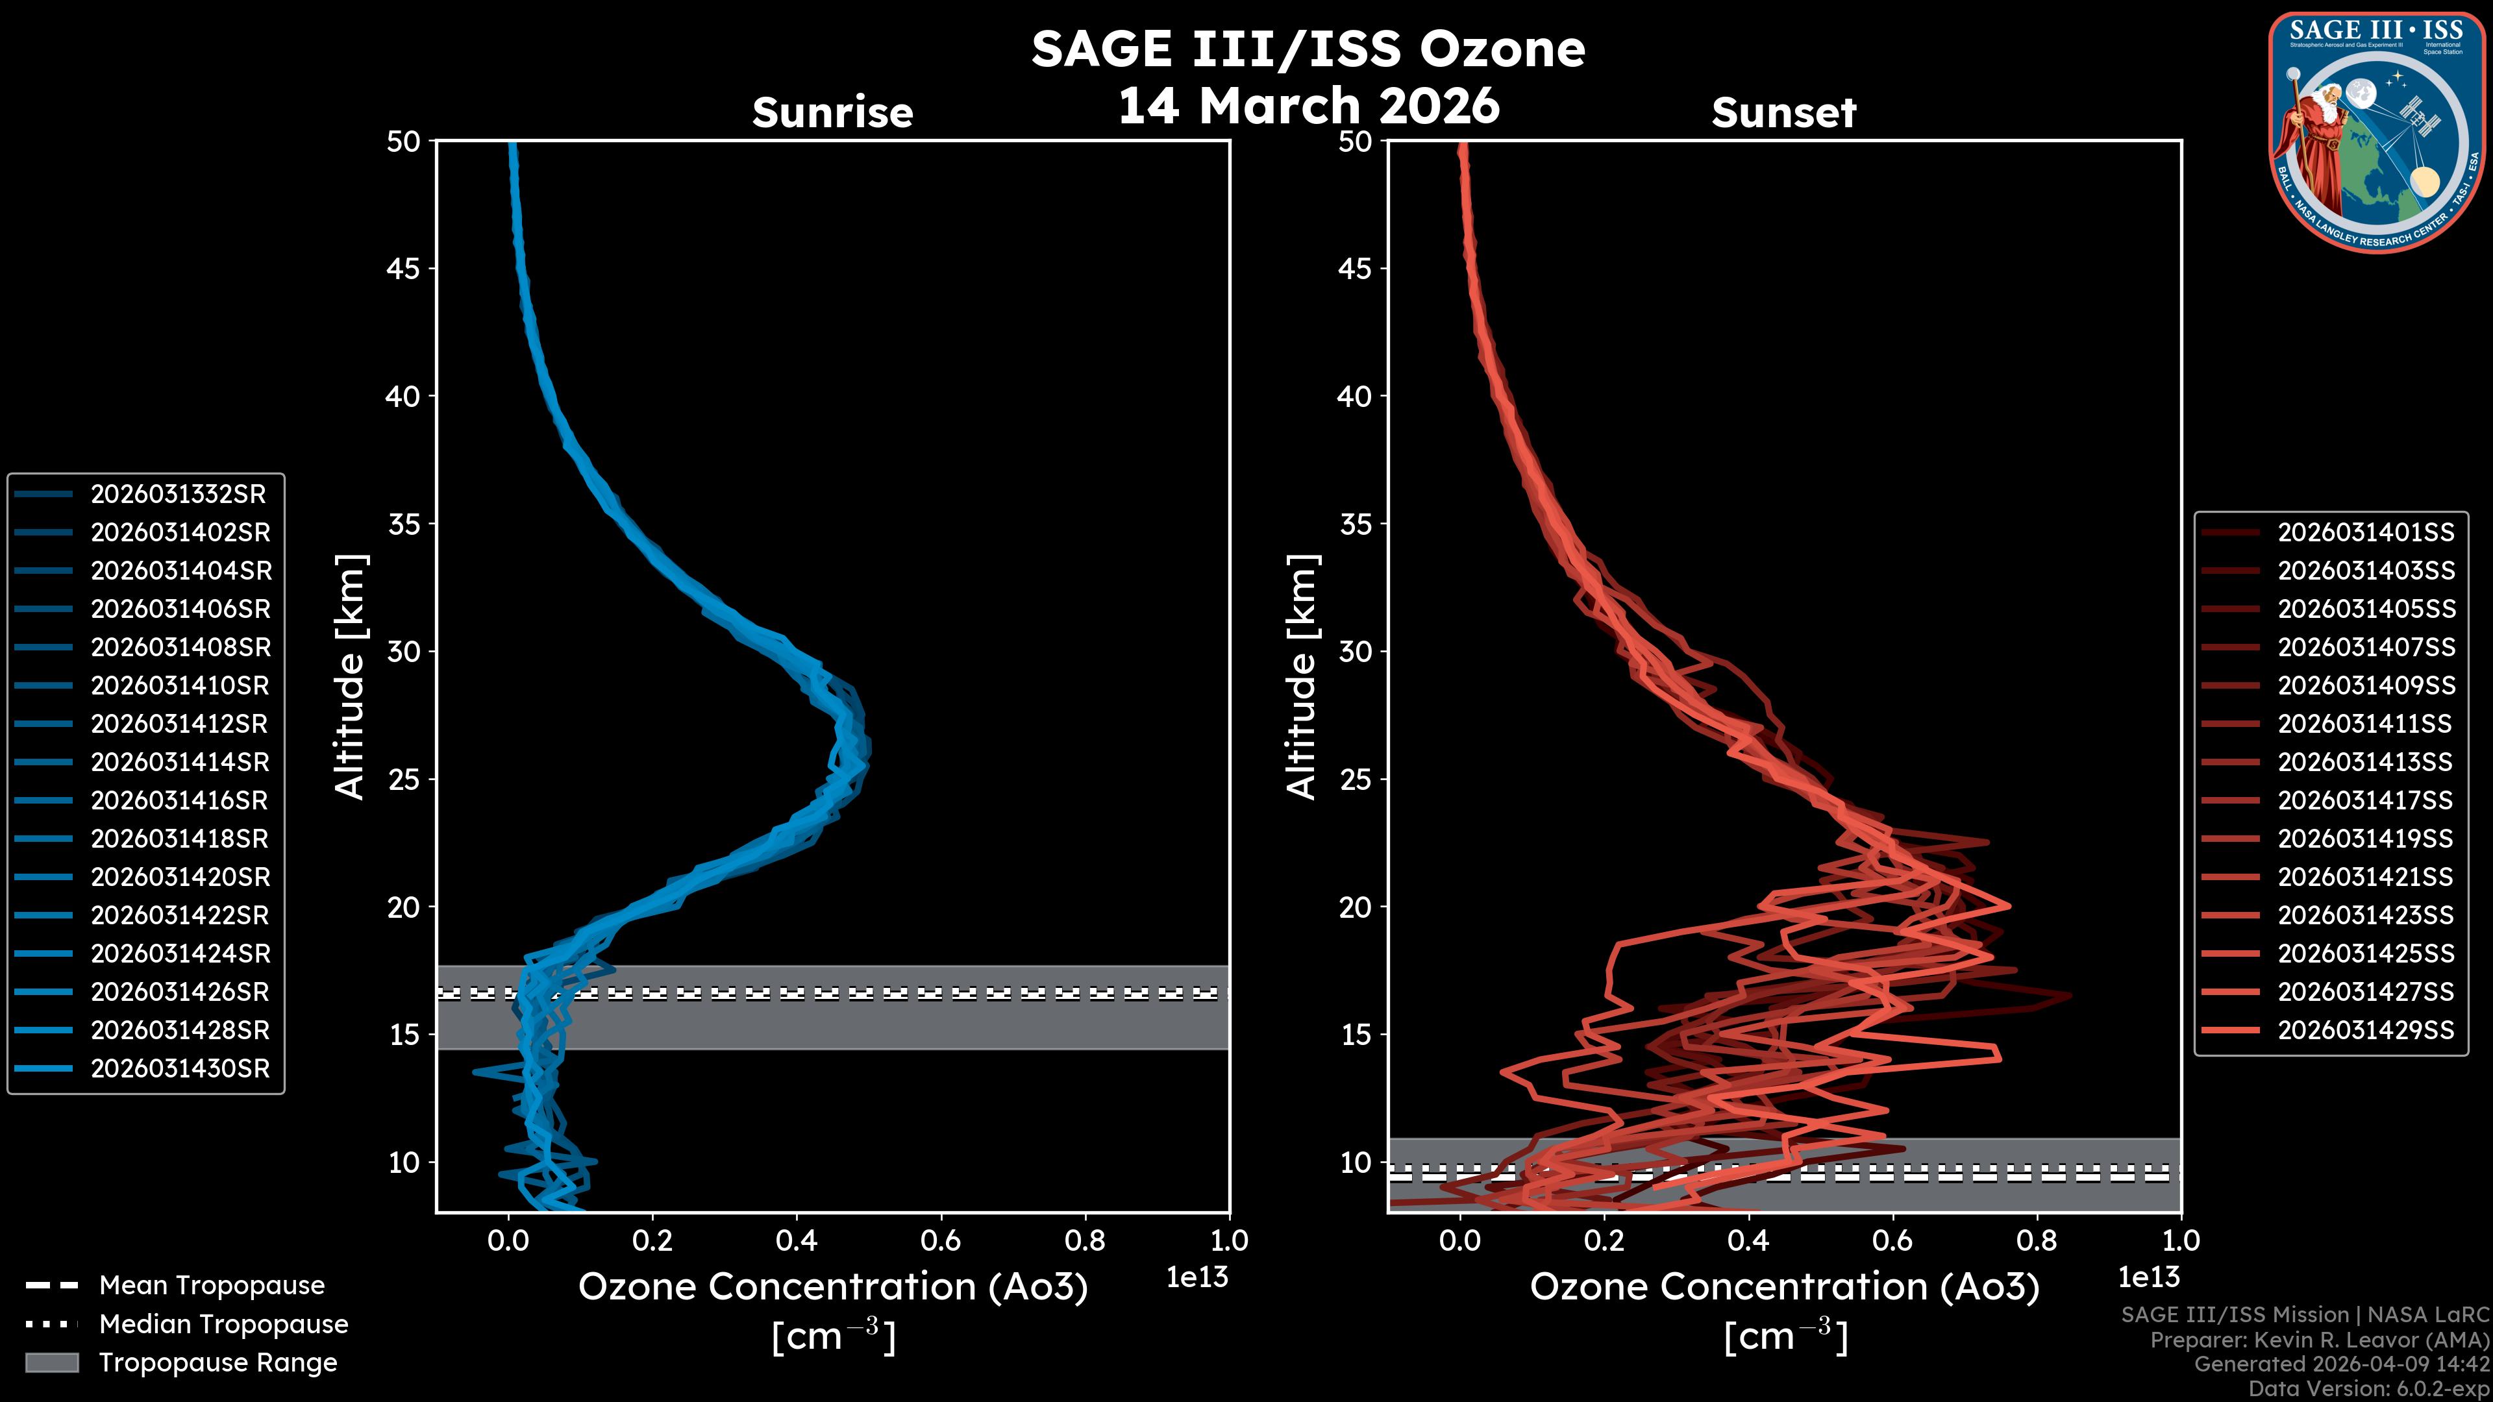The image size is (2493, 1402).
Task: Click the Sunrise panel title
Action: coord(832,113)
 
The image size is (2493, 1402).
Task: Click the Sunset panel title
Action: coord(1783,113)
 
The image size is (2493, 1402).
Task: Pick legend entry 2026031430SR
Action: coord(180,1069)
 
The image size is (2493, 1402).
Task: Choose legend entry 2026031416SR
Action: coord(179,801)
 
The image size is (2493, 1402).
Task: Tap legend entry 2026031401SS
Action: coord(2365,533)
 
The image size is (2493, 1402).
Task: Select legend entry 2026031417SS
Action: coord(2365,801)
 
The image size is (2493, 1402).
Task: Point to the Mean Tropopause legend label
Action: coord(212,1286)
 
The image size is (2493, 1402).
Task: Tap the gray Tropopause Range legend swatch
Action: coord(51,1362)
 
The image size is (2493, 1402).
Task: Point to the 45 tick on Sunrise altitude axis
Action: coord(404,269)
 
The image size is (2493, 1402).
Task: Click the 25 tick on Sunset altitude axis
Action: coord(1355,780)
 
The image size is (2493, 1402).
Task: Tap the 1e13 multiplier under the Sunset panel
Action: coord(2148,1278)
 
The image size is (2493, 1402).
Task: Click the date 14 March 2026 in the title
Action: coord(1308,105)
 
